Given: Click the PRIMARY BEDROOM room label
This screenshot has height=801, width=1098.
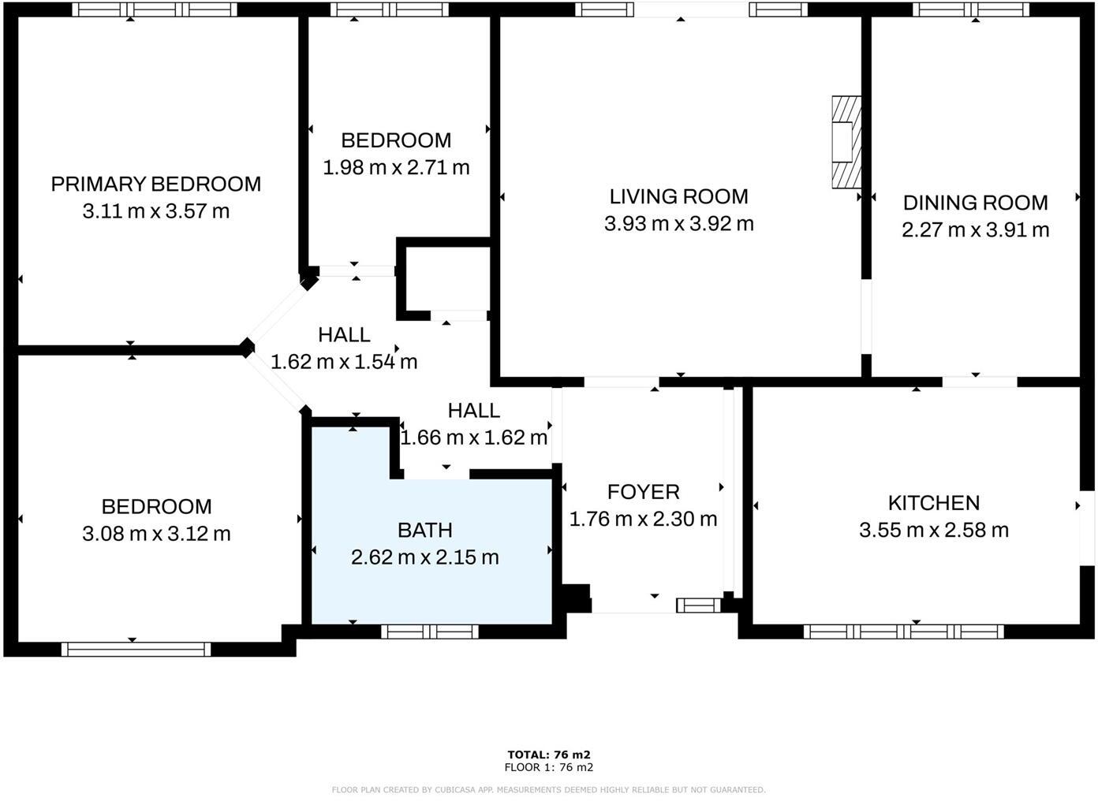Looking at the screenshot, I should pos(155,184).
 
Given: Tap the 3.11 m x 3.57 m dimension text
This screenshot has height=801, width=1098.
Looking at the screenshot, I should pos(155,211).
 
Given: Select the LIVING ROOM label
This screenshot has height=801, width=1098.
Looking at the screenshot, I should pos(678,196).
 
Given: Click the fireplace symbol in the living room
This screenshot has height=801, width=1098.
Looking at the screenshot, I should pos(846,142).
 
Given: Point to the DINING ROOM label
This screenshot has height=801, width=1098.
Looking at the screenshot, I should pos(975,203).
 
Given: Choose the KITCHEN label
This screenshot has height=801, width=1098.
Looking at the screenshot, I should pos(933,503).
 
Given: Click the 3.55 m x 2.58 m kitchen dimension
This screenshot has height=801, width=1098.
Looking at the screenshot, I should pos(933,530).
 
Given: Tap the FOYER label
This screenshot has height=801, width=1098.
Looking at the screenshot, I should pos(643,492).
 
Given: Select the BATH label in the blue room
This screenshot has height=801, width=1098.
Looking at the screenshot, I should pos(424,531).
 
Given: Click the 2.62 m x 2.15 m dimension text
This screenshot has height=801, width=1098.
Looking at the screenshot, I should pos(424,557).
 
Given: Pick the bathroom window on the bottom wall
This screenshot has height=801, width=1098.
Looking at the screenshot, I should pos(430,631).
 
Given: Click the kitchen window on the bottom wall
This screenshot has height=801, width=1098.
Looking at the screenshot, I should pos(903,631).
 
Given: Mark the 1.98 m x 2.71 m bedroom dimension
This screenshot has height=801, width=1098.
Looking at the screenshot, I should pos(396,167).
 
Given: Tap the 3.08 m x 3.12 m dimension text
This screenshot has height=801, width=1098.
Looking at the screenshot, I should pos(156,534).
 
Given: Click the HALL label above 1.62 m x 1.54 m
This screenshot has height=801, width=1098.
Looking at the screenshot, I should pos(344,335).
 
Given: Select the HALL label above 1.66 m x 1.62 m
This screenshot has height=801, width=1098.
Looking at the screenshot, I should pos(473,410).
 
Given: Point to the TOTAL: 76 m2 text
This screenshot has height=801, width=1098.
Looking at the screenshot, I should pos(549,754).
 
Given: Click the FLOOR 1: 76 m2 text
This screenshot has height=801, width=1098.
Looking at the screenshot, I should pos(549,767).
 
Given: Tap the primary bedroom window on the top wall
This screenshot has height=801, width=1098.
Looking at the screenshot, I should pos(155,10).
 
